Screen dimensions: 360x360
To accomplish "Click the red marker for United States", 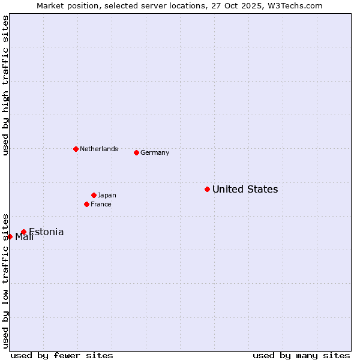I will click(x=207, y=189).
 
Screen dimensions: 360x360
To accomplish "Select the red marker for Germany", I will click(x=136, y=152).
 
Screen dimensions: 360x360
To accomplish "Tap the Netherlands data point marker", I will click(x=76, y=149).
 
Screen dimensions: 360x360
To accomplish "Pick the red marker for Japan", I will click(x=94, y=195).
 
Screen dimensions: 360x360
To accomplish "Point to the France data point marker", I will click(x=86, y=204).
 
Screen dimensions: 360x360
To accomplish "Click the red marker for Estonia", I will click(x=23, y=232).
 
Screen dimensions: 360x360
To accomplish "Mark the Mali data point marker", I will click(x=10, y=236).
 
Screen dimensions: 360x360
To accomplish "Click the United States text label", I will click(x=245, y=190).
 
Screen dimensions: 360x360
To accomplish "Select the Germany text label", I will click(x=155, y=153).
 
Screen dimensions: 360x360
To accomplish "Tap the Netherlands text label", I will click(x=98, y=149).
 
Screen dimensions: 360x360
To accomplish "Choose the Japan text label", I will click(x=107, y=196).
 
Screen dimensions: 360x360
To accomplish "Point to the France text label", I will click(x=101, y=205).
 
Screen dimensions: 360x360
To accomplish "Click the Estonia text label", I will click(x=46, y=232).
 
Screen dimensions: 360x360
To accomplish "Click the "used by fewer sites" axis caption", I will click(x=62, y=355).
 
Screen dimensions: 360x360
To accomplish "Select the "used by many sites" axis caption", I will click(x=301, y=355).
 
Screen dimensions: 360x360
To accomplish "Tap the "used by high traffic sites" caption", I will click(x=5, y=85).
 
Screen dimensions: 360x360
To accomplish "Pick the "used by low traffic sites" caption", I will click(x=5, y=280).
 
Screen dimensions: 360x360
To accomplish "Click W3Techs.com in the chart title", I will click(x=294, y=5).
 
